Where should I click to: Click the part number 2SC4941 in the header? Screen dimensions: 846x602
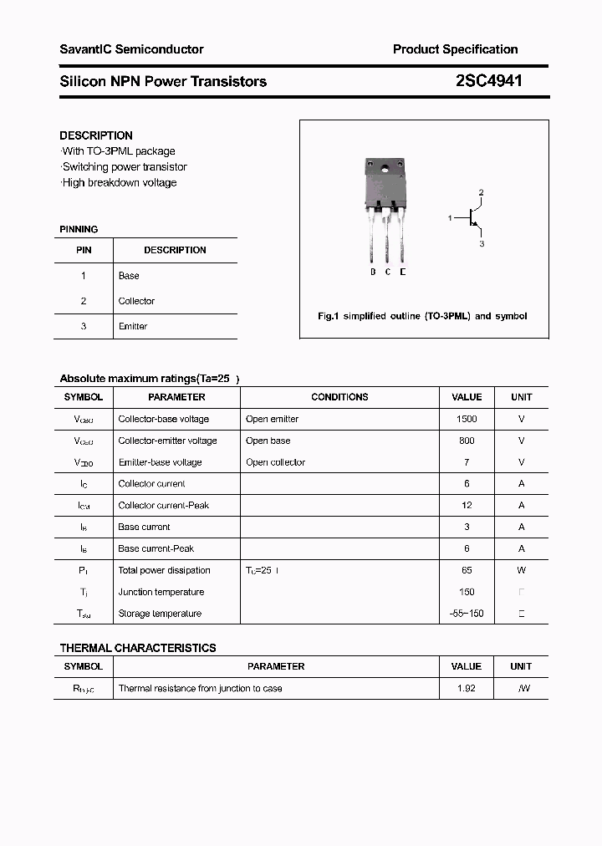(489, 81)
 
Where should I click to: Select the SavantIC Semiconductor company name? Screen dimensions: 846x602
(131, 49)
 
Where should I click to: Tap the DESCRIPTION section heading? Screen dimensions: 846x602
(96, 135)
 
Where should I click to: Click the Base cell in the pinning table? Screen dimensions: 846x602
(129, 276)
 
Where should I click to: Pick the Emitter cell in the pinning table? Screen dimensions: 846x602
(133, 326)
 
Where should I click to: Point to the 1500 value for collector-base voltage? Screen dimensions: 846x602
(467, 419)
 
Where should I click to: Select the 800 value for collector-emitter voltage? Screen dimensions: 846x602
(467, 441)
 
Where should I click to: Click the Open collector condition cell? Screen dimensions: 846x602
(275, 462)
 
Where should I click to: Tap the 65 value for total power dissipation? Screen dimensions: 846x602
(467, 570)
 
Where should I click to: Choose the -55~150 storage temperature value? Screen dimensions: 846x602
(467, 614)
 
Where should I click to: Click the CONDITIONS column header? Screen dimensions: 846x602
(339, 397)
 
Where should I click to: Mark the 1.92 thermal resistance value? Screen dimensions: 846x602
(467, 689)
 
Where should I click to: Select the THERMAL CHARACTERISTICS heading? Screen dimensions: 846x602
(138, 648)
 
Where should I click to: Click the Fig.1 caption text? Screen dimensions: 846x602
(422, 316)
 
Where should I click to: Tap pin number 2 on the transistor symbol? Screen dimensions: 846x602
(481, 193)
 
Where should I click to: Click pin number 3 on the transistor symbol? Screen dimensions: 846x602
(482, 244)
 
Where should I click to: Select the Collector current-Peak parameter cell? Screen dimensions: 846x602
(163, 505)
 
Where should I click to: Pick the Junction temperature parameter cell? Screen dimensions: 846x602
(161, 592)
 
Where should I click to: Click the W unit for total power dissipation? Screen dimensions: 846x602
(521, 570)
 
